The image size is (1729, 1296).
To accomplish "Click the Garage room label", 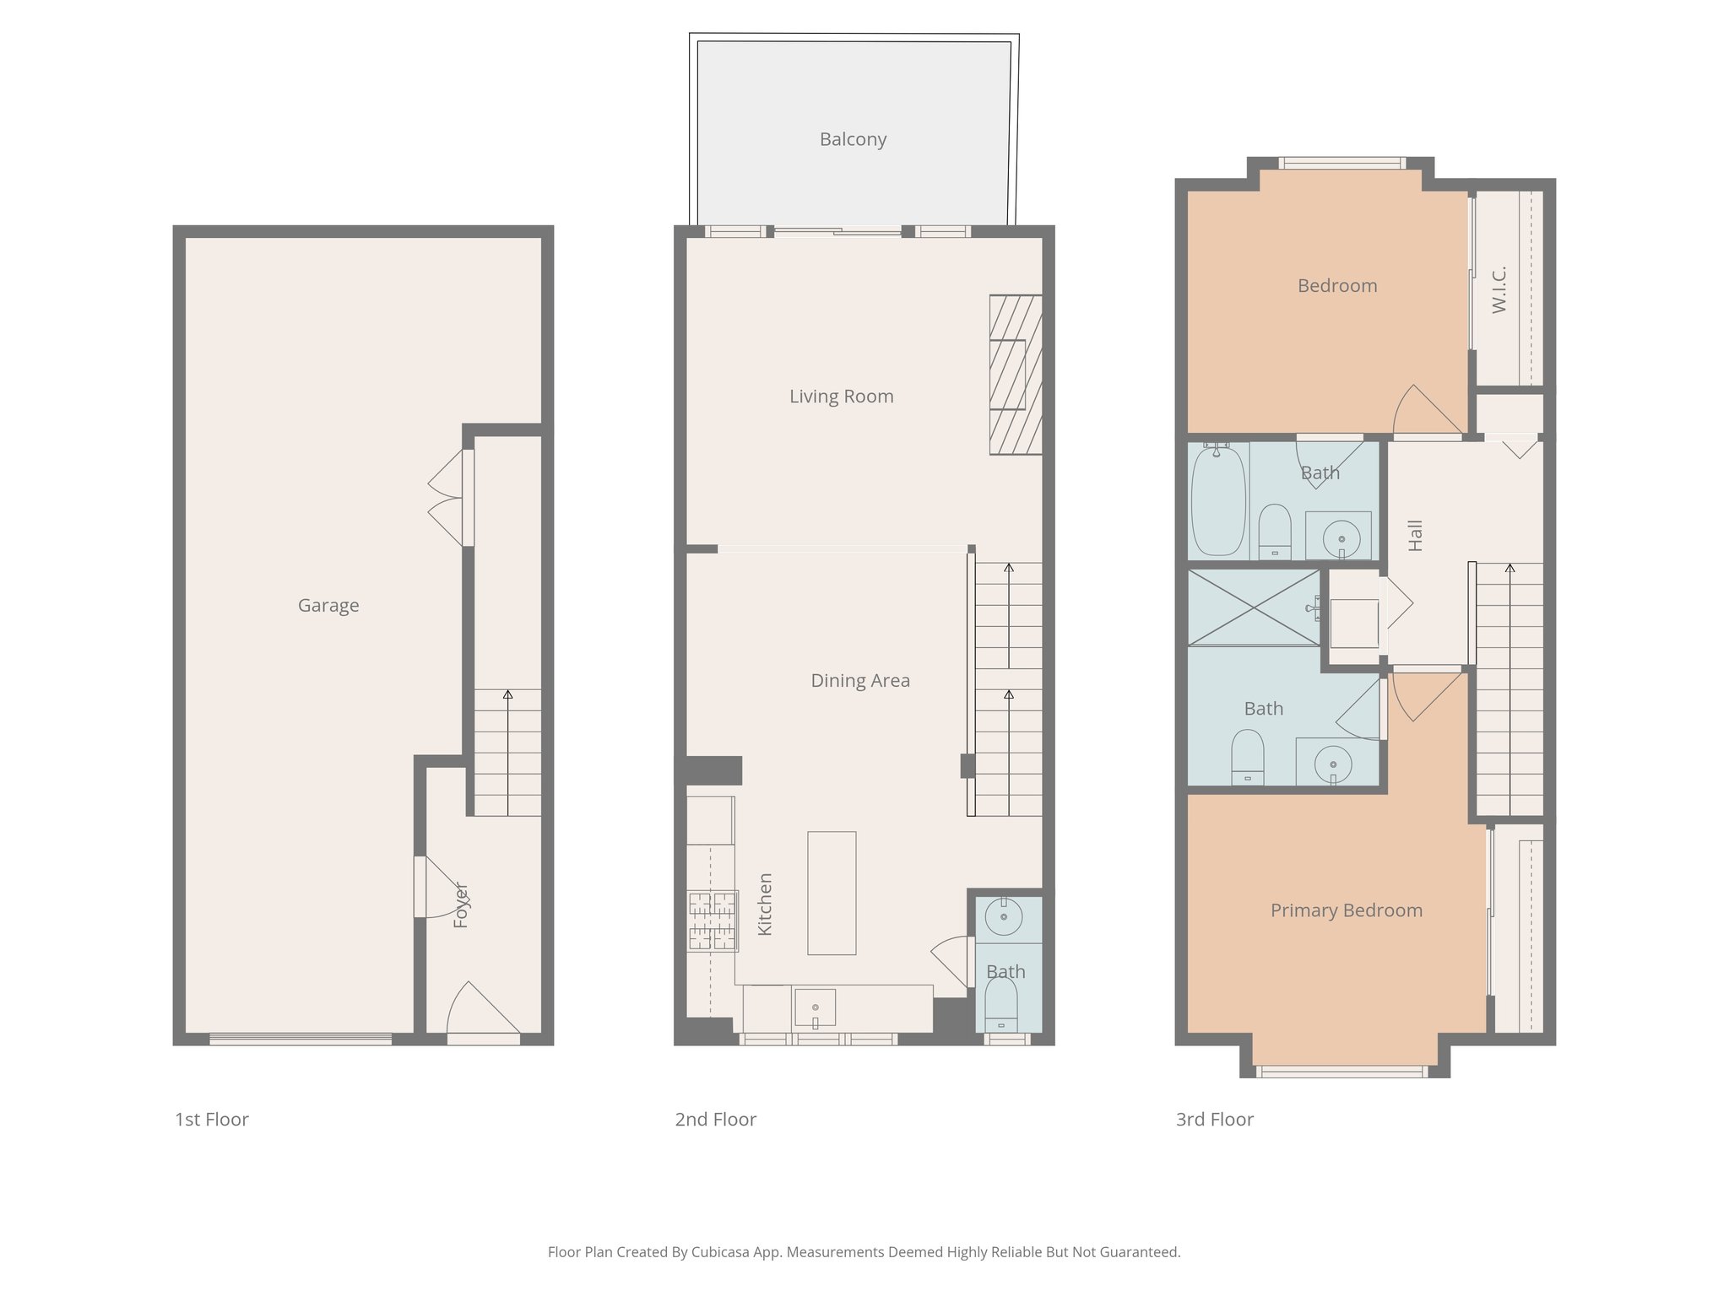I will (x=328, y=605).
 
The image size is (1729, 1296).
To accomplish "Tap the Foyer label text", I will (x=461, y=904).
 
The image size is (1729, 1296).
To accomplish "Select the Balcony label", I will (x=853, y=139).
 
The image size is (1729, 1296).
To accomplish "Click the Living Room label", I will (x=841, y=396).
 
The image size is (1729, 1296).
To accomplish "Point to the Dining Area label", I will (x=860, y=680).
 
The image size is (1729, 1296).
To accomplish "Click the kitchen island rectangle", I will (x=832, y=893).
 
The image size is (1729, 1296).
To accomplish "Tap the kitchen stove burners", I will (x=713, y=921).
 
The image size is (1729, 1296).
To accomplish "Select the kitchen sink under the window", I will (x=815, y=1008).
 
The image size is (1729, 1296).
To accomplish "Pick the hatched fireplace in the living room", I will (x=1015, y=375).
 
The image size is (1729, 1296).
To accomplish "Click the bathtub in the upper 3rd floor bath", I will (x=1218, y=500).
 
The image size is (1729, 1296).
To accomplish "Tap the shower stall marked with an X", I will (x=1253, y=607).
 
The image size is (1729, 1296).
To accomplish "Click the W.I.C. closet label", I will (x=1499, y=289).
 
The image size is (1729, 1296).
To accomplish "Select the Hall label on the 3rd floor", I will (x=1416, y=536).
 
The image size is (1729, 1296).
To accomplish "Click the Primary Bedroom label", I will (x=1346, y=910).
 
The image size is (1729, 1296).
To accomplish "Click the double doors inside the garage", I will (x=447, y=498).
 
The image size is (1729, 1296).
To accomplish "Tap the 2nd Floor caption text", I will (x=715, y=1120).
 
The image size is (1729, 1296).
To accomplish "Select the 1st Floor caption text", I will (x=211, y=1120).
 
